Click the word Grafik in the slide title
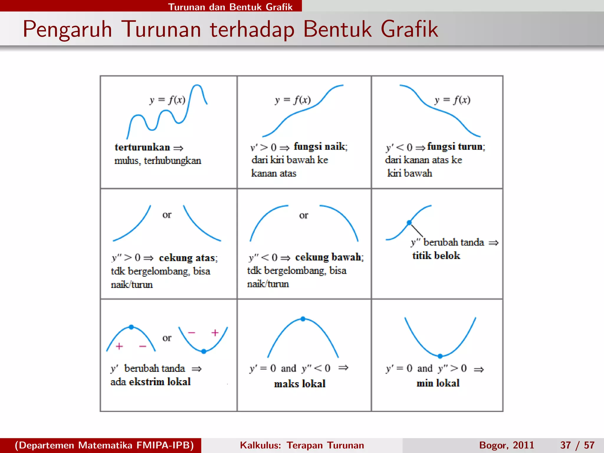click(409, 29)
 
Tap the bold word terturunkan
click(142, 147)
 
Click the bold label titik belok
click(436, 255)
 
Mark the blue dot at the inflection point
click(409, 223)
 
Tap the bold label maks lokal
click(300, 384)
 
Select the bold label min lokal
click(438, 383)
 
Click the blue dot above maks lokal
click(303, 319)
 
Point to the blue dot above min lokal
click(440, 356)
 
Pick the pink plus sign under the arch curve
click(119, 346)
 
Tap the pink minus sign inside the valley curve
click(191, 333)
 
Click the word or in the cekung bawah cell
click(303, 215)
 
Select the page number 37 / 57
click(577, 445)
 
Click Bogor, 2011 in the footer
click(506, 445)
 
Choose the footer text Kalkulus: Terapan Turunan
click(302, 445)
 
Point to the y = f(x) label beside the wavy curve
click(167, 100)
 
